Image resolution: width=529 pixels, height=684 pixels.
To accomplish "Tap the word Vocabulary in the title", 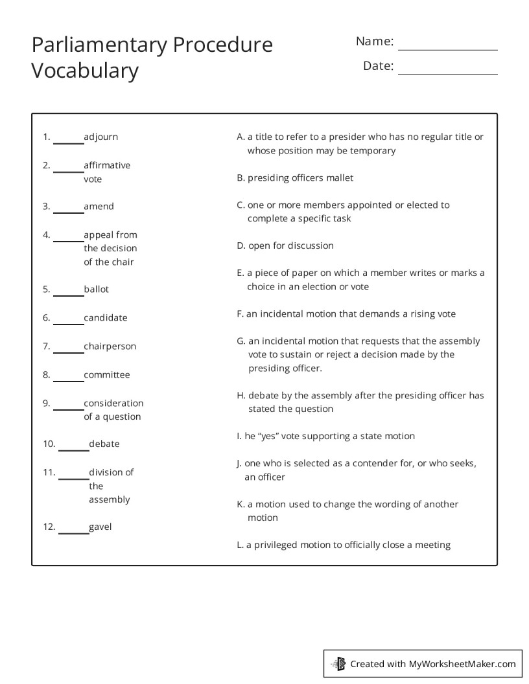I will (x=85, y=71).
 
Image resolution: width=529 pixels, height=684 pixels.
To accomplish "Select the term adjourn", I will (x=101, y=137).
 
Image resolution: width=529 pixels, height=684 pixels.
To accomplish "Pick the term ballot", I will (x=97, y=290).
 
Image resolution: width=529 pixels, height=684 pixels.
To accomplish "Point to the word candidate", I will (x=106, y=318).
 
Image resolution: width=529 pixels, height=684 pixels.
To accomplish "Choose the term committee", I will (x=107, y=375).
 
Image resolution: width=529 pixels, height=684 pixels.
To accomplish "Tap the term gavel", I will (x=100, y=527).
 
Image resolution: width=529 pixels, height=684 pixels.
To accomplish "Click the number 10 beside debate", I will (x=49, y=444).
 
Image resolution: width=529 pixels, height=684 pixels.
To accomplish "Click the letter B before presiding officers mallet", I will (x=241, y=178).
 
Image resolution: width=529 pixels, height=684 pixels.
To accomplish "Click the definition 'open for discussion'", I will (x=290, y=246).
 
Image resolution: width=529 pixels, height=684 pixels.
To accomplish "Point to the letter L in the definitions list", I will (x=240, y=545).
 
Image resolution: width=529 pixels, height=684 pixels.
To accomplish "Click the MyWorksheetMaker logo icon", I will (x=338, y=663).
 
